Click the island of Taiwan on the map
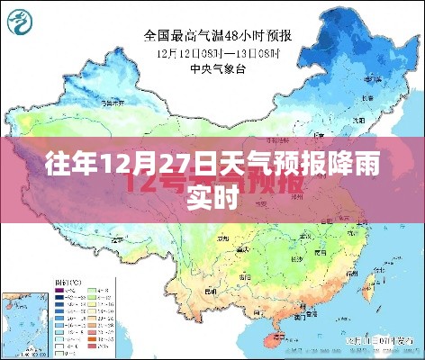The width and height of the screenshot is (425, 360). tap(368, 287)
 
